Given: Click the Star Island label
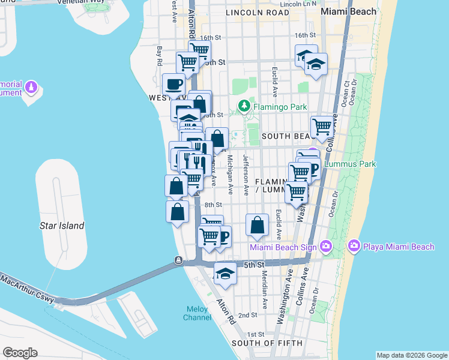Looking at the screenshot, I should click(62, 226).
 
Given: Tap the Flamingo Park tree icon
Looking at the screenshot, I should click(244, 107).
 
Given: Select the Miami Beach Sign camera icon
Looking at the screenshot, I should click(326, 246).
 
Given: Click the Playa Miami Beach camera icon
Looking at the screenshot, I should click(354, 246).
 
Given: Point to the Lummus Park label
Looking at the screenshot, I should click(349, 163).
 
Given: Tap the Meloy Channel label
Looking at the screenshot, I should click(196, 313).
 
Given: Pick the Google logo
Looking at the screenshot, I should click(20, 353).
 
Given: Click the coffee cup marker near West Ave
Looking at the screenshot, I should click(174, 84).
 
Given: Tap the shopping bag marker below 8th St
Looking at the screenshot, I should click(257, 225).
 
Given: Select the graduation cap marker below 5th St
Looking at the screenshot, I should click(225, 273).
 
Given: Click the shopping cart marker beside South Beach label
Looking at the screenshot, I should click(322, 127).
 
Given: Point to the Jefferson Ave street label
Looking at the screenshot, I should click(246, 174).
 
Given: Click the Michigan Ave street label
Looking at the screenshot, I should click(230, 174).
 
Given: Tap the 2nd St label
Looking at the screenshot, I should click(248, 315).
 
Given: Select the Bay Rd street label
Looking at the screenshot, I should click(160, 55).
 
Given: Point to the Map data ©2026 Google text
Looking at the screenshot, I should click(412, 355).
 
